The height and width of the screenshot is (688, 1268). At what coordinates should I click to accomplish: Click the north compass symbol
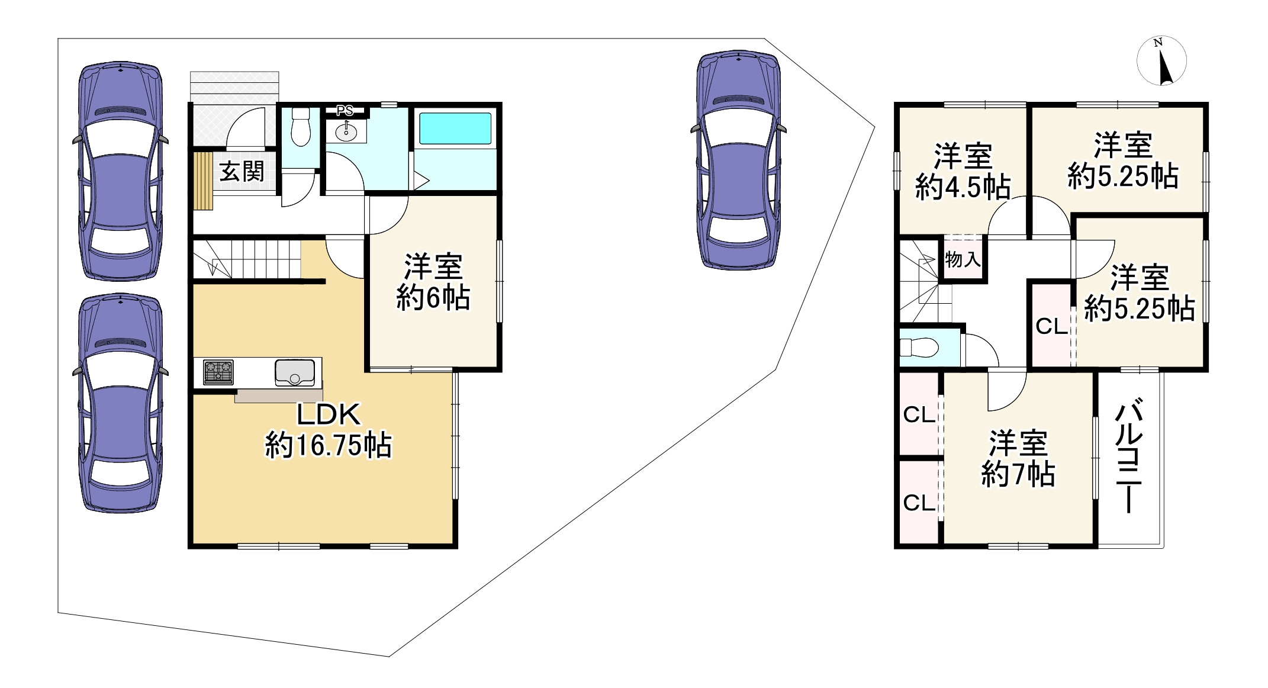coord(1161,61)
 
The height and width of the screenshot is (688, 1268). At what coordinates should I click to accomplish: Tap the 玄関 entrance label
coord(242,172)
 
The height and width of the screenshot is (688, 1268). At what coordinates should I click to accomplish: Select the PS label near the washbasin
coord(345,111)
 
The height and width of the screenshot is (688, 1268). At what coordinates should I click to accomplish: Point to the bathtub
coord(455,128)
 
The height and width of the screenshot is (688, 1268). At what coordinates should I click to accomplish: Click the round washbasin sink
coord(346,132)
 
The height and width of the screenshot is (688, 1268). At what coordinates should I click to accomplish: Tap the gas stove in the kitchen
coord(218,372)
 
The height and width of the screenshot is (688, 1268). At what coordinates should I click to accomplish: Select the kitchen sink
coord(294,372)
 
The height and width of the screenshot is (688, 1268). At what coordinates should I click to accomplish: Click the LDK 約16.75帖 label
coord(329,430)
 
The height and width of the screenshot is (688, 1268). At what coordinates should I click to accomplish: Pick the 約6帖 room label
coord(433,282)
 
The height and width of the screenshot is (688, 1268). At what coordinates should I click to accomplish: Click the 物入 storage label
coord(963,259)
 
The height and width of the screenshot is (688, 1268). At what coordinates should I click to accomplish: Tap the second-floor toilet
coord(921,347)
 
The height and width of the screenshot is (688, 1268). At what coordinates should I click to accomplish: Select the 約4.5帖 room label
coord(963,172)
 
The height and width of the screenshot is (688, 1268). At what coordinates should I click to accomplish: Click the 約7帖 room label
coord(1018,458)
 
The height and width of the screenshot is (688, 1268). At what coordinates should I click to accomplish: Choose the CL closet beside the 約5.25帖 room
coord(1051,326)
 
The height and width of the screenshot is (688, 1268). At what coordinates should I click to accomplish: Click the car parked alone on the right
coord(738,160)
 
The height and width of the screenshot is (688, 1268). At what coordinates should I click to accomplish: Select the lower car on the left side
coord(121,404)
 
